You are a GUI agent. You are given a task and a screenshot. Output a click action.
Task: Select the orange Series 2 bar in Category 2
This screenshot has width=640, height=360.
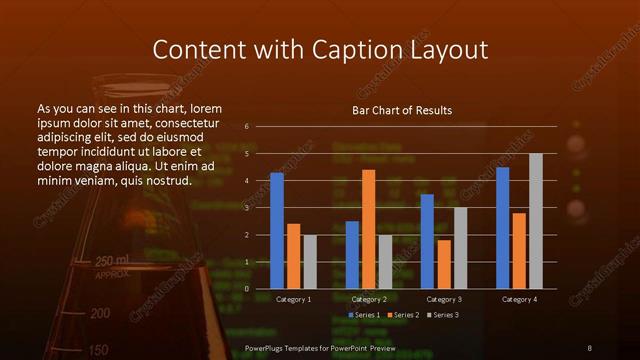(368, 229)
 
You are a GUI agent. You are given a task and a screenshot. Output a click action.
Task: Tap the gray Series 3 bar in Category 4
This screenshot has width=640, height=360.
(535, 221)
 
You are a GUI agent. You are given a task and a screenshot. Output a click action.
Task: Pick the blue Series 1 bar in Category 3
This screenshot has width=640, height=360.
(427, 241)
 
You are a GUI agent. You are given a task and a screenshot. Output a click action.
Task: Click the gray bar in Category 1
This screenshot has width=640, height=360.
(309, 261)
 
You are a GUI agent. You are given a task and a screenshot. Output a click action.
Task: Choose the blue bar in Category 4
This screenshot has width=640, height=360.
(502, 228)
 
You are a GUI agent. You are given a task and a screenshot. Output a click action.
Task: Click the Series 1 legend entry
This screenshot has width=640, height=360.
(364, 315)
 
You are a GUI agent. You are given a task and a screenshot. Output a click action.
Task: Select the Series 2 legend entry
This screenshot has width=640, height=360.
(403, 315)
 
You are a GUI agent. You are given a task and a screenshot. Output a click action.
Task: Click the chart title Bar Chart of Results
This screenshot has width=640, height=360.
(402, 110)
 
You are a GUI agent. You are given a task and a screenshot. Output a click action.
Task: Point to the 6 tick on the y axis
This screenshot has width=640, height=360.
(246, 127)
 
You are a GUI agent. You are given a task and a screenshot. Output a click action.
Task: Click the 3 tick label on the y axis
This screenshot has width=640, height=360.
(246, 208)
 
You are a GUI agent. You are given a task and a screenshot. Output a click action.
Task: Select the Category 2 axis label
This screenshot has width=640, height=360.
(368, 299)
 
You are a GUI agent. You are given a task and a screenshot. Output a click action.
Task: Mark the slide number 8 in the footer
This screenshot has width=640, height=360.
(590, 347)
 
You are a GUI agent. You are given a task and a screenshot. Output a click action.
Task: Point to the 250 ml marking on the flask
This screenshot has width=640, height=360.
(111, 261)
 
